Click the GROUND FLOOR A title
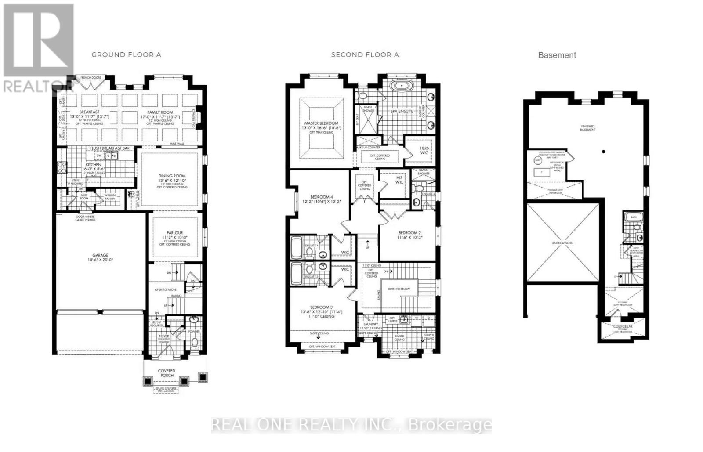[126, 55]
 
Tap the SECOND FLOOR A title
[365, 55]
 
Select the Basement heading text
[557, 55]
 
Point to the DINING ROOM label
[172, 176]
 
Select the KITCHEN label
[93, 165]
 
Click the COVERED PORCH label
[167, 373]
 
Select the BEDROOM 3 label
[321, 307]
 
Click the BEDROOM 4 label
[322, 197]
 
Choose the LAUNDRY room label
[370, 325]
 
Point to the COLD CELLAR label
[623, 326]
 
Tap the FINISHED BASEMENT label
[587, 128]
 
